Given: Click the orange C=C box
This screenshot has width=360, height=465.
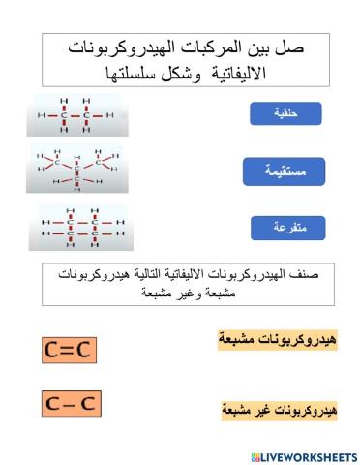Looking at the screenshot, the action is [x=70, y=349].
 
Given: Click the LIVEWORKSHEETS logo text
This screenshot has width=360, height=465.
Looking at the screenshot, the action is [x=309, y=454].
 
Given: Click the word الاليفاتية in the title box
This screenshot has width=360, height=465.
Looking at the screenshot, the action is [x=246, y=72].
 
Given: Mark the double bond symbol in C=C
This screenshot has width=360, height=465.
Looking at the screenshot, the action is [x=70, y=349].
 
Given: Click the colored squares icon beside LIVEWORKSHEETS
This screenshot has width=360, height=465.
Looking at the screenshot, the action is [x=255, y=454].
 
